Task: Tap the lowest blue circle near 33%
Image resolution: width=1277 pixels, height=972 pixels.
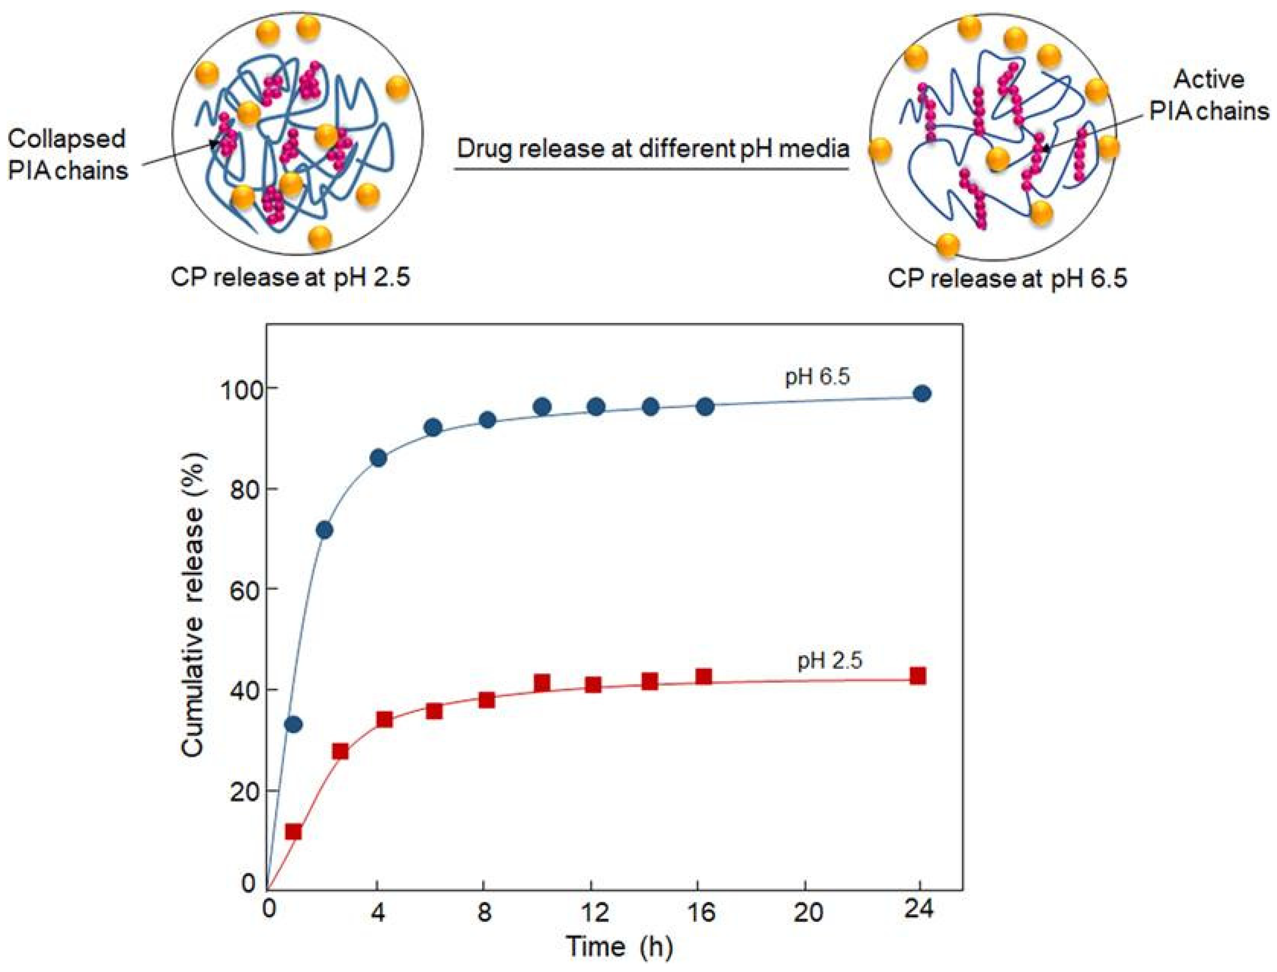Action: click(x=294, y=724)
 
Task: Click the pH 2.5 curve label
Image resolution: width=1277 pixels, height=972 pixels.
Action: click(x=829, y=660)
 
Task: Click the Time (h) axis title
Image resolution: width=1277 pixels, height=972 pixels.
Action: click(x=619, y=947)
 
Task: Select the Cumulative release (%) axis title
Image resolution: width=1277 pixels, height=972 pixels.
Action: click(x=194, y=605)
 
